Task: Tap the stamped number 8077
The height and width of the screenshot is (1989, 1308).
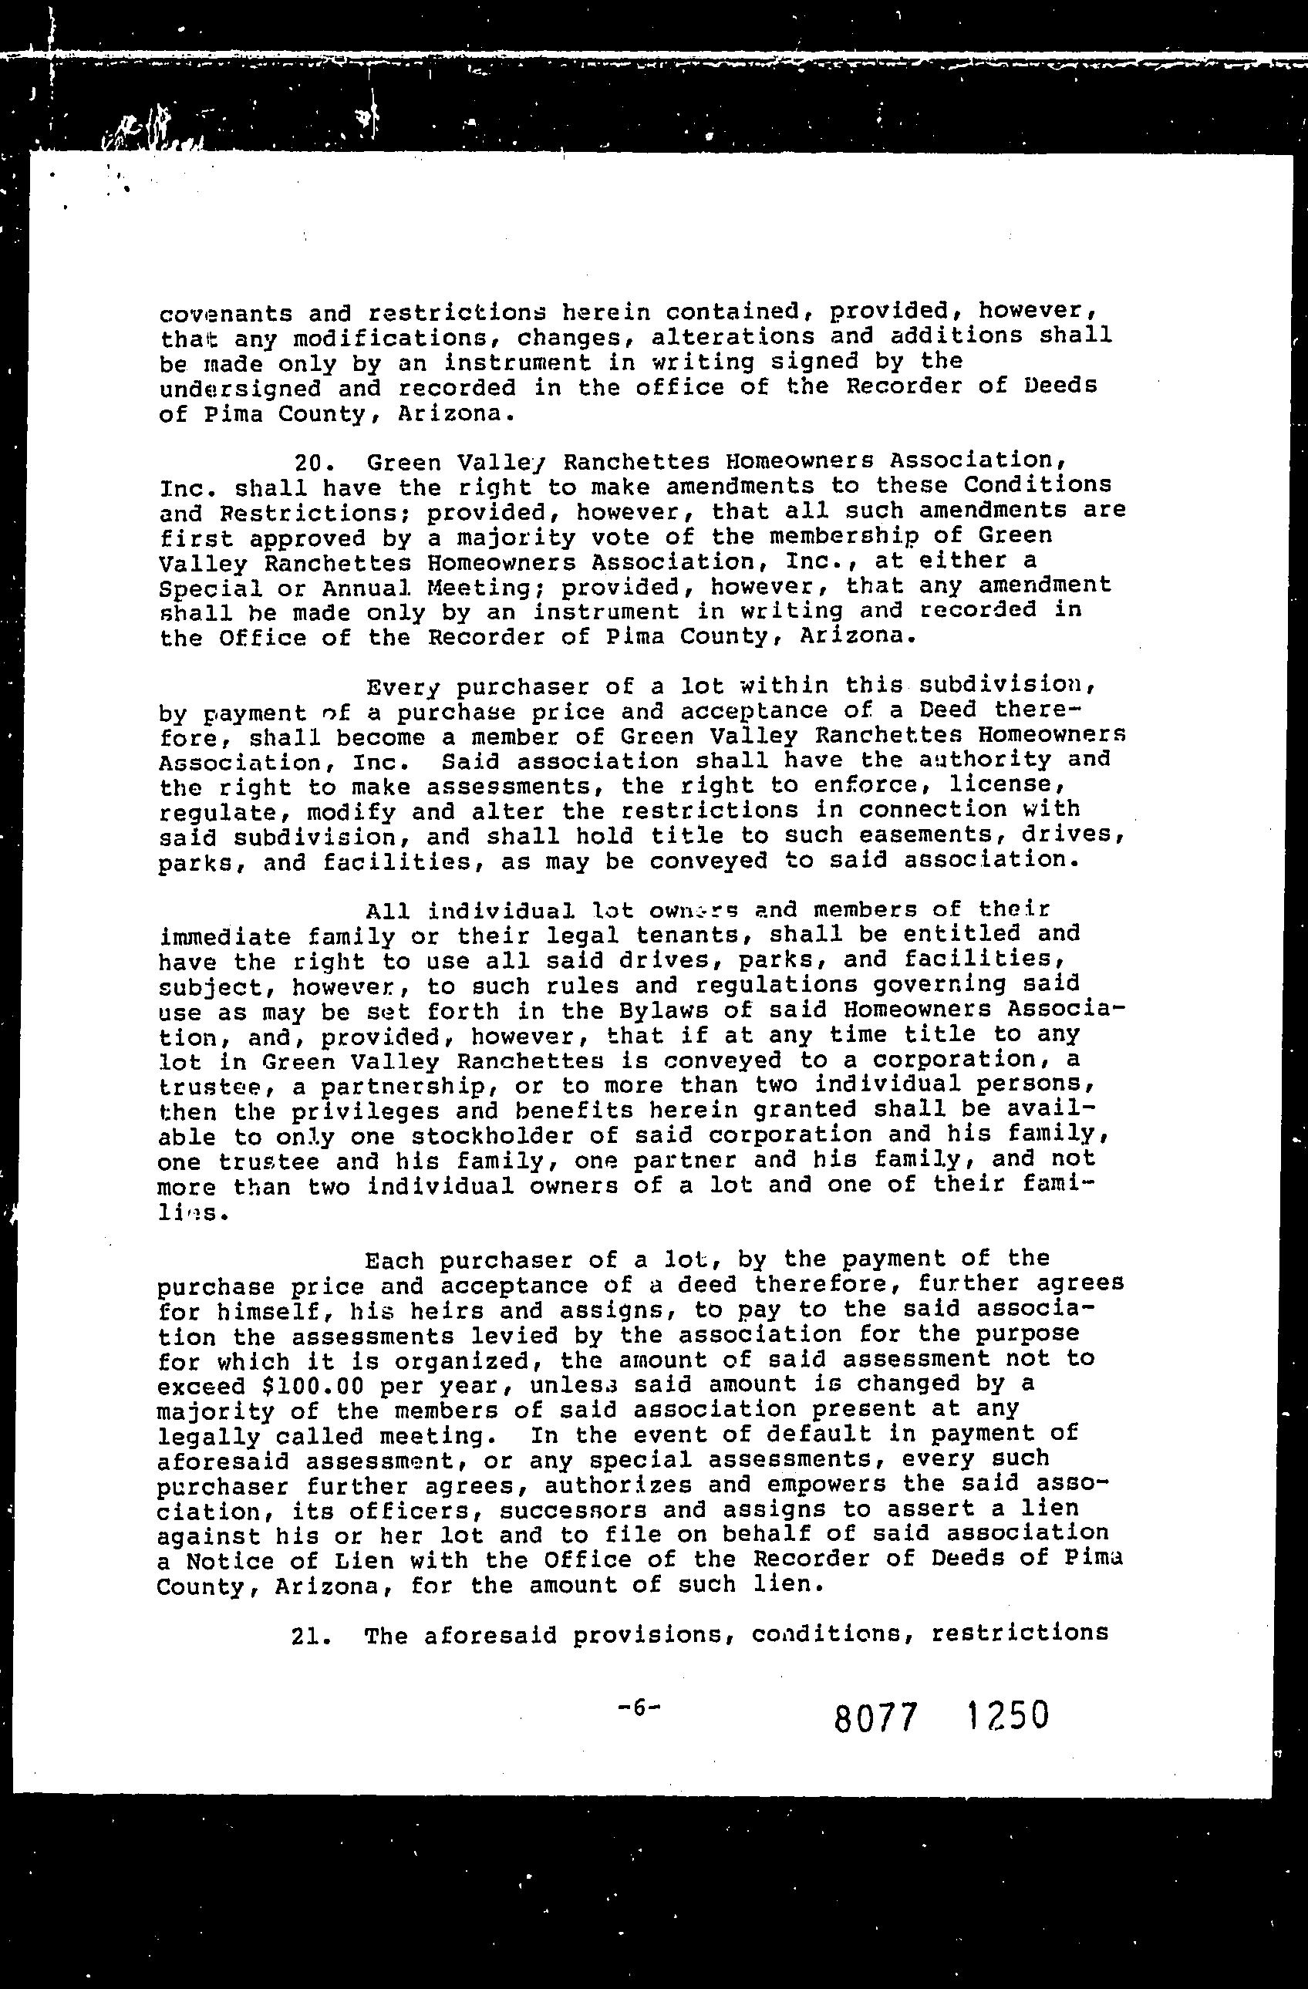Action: (876, 1718)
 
